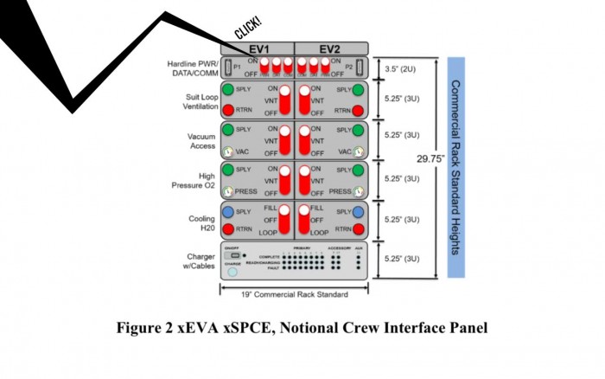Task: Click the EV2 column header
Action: (x=331, y=48)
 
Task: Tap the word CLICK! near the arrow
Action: (x=249, y=29)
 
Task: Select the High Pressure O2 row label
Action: (x=194, y=182)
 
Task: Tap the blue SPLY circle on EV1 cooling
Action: (x=227, y=212)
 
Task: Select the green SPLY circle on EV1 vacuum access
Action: (x=227, y=130)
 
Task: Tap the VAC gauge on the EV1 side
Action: (x=227, y=151)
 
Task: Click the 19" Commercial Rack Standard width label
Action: (x=294, y=295)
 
